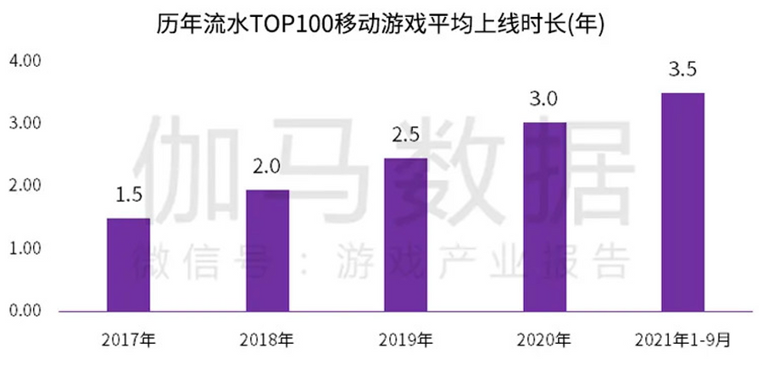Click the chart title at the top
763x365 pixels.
coord(381,25)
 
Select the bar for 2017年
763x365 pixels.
coord(128,264)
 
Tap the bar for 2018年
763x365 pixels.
coord(267,250)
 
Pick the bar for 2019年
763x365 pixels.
coord(406,235)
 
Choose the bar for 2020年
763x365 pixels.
coord(544,217)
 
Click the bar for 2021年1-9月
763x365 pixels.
coord(682,202)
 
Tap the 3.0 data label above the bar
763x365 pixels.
coord(544,100)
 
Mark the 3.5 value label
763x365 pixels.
coord(682,70)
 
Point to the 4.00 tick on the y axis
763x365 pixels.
coord(25,61)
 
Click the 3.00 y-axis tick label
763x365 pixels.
coord(25,124)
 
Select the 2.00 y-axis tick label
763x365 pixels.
coord(25,185)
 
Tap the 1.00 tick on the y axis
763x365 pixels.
coord(25,248)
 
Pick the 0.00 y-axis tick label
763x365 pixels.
coord(25,311)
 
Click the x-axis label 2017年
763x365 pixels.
coord(128,340)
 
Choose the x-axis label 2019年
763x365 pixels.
coord(406,340)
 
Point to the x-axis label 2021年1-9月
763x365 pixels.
coord(682,340)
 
